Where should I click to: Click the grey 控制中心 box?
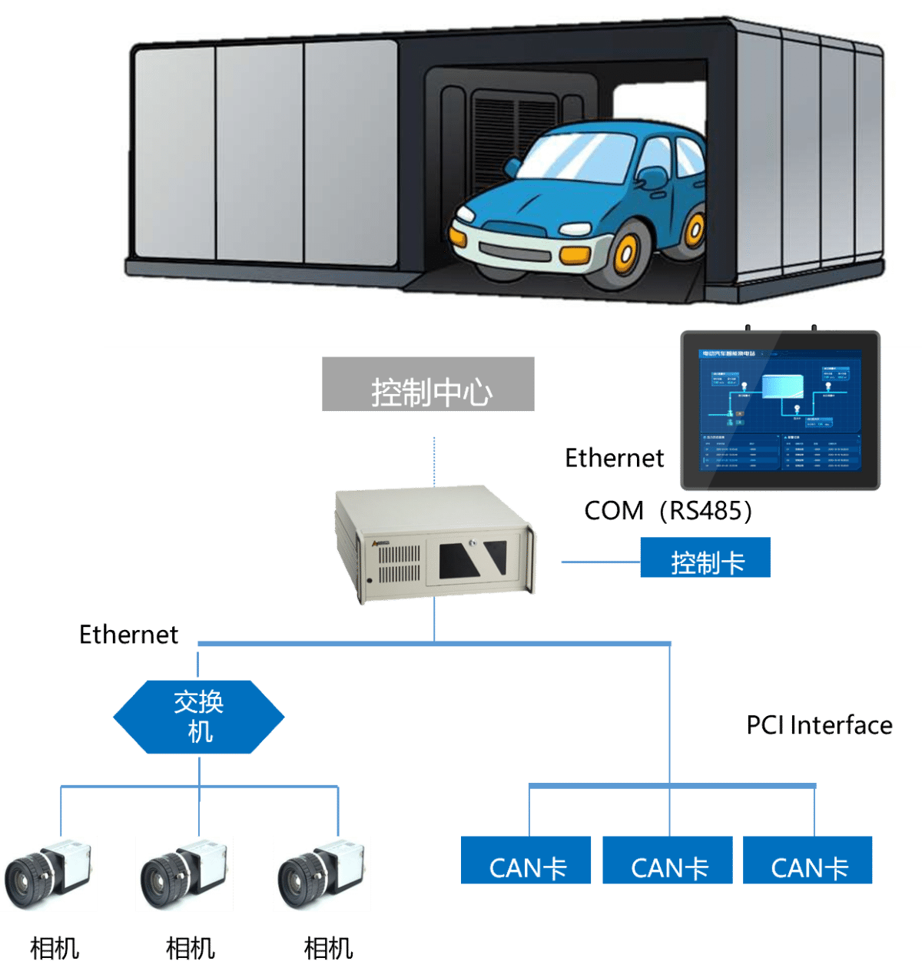tap(428, 384)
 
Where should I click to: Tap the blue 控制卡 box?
tap(705, 559)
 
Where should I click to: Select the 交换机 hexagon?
tap(199, 717)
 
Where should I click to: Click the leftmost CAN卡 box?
tap(526, 860)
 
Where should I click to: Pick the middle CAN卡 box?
tap(668, 860)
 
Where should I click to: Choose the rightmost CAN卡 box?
tap(808, 860)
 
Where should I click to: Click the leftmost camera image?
tap(49, 874)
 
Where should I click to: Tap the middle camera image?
tap(184, 874)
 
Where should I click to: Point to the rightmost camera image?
tap(322, 874)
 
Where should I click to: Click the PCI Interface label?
tap(819, 725)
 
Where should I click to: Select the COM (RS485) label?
tap(668, 511)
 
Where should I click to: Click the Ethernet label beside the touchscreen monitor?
tap(614, 458)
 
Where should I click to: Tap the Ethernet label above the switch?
tap(128, 635)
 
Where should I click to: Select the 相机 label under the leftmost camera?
tap(55, 949)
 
